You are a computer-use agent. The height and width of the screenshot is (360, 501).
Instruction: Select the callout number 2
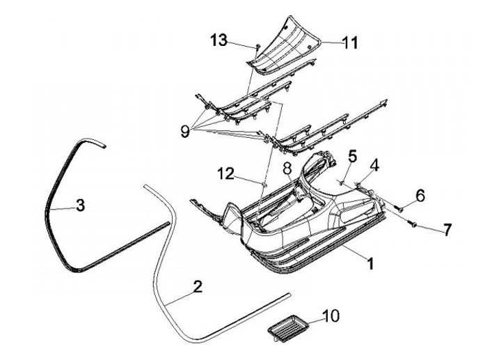(x=198, y=287)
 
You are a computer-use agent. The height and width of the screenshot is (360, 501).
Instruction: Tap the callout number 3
(x=81, y=205)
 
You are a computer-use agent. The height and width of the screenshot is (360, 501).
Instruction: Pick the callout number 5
(x=353, y=157)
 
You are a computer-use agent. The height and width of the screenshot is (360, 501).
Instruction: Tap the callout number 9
(x=185, y=132)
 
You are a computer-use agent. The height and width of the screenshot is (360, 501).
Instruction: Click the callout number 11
(x=349, y=42)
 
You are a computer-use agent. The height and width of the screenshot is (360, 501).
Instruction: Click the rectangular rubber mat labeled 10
(x=287, y=325)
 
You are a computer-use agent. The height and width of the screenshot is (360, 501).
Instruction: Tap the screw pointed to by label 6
(x=400, y=205)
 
